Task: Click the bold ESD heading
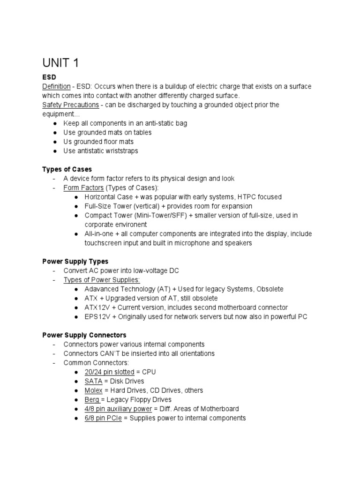tap(50, 78)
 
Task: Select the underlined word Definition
tap(56, 87)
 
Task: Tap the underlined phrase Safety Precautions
tap(71, 105)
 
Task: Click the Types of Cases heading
tap(67, 169)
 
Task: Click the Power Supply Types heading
tap(75, 261)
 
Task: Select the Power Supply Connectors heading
tap(84, 335)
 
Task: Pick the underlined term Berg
tap(92, 399)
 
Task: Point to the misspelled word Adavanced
tap(102, 289)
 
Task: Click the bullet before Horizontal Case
tap(76, 197)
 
